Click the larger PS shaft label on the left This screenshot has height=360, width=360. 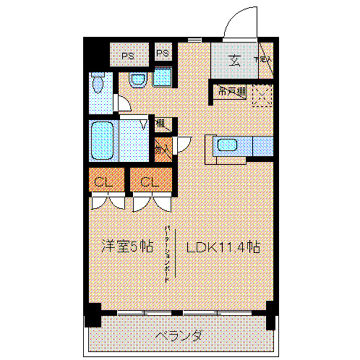(128, 54)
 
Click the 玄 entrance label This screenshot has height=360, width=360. (236, 60)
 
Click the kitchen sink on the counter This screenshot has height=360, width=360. (228, 145)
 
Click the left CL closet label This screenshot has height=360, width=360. (102, 181)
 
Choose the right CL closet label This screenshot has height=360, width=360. (150, 181)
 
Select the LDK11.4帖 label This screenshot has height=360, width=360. (223, 246)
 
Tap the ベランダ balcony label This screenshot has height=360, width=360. (178, 336)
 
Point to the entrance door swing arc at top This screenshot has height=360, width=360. (236, 22)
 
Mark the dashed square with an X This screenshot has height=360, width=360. (262, 95)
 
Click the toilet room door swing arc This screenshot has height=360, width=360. (124, 103)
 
